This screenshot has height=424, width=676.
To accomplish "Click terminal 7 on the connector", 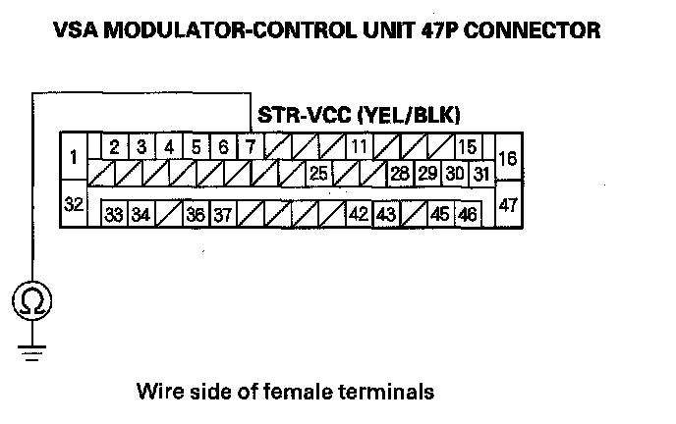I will pyautogui.click(x=251, y=147).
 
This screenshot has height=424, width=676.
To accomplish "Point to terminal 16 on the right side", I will pyautogui.click(x=508, y=158).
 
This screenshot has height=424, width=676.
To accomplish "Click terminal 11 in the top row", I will pyautogui.click(x=360, y=147).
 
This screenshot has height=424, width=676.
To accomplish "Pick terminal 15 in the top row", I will pyautogui.click(x=468, y=147).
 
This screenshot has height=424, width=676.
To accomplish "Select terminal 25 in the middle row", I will pyautogui.click(x=318, y=174).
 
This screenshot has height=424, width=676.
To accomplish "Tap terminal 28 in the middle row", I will pyautogui.click(x=399, y=174).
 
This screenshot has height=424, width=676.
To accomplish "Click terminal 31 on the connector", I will pyautogui.click(x=480, y=174).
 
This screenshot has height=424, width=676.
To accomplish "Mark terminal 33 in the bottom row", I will pyautogui.click(x=114, y=214).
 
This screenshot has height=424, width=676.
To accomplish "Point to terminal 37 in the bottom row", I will pyautogui.click(x=223, y=214).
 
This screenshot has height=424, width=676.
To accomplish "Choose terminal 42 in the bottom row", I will pyautogui.click(x=359, y=214).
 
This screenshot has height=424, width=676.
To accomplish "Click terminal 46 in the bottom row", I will pyautogui.click(x=467, y=214).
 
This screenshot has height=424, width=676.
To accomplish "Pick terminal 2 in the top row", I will pyautogui.click(x=114, y=147).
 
